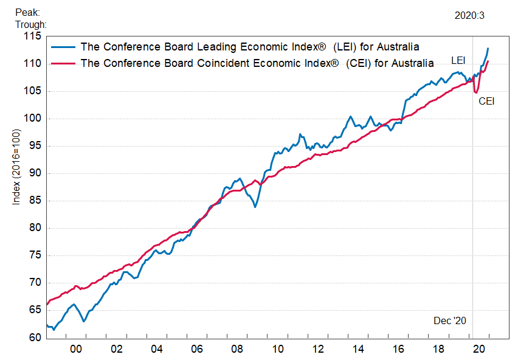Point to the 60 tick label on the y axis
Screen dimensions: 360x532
pyautogui.click(x=35, y=337)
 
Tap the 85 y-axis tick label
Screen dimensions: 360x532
pyautogui.click(x=35, y=201)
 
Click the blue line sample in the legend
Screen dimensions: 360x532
pyautogui.click(x=63, y=47)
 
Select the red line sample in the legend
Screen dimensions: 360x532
pyautogui.click(x=63, y=63)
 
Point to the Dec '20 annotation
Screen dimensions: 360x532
pyautogui.click(x=449, y=320)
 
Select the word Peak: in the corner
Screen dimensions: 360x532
pyautogui.click(x=28, y=13)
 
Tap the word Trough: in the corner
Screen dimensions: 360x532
pyautogui.click(x=30, y=24)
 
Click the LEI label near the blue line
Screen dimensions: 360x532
pyautogui.click(x=458, y=60)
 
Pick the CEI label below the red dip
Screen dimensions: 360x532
pyautogui.click(x=486, y=101)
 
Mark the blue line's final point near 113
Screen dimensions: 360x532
pyautogui.click(x=488, y=49)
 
